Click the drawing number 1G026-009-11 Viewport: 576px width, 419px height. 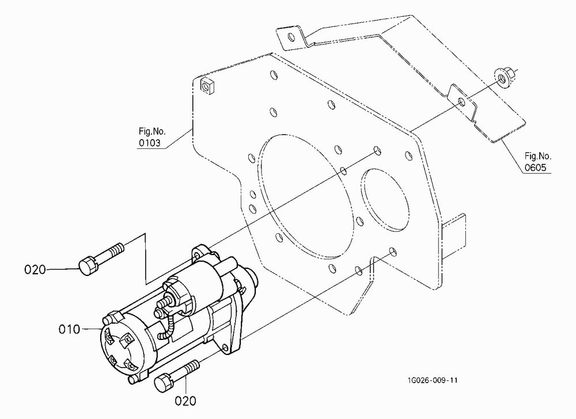tap(432, 380)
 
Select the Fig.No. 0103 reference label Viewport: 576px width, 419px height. tap(151, 137)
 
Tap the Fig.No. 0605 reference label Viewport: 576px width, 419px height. tap(537, 162)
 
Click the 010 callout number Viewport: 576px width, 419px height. tap(69, 329)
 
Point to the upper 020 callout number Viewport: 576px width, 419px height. tap(35, 270)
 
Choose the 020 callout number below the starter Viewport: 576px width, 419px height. tap(185, 401)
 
